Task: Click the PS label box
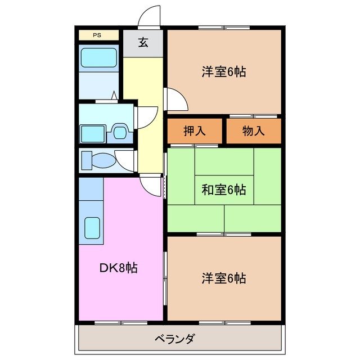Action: pyautogui.click(x=98, y=35)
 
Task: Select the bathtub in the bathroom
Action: pyautogui.click(x=98, y=57)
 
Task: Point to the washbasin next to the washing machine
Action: pyautogui.click(x=119, y=132)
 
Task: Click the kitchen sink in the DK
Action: pyautogui.click(x=91, y=227)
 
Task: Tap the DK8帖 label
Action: pyautogui.click(x=118, y=268)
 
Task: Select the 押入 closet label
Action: pyautogui.click(x=195, y=131)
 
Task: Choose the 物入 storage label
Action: pyautogui.click(x=253, y=131)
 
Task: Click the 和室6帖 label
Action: pyautogui.click(x=223, y=190)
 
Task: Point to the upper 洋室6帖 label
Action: pyautogui.click(x=223, y=72)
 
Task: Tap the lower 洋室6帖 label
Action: pyautogui.click(x=223, y=277)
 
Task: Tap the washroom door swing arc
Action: pyautogui.click(x=147, y=116)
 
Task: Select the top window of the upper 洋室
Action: pyautogui.click(x=223, y=28)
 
